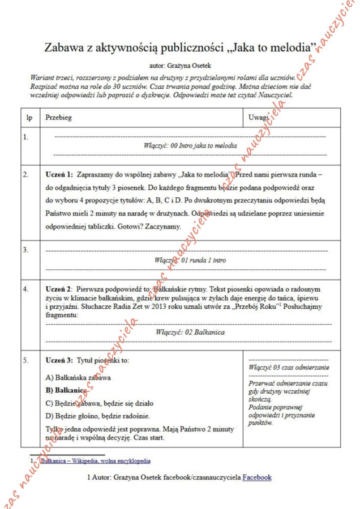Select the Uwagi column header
tap(258, 118)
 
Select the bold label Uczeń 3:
tap(59, 360)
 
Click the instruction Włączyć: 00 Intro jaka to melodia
tap(190, 145)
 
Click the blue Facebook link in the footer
tap(256, 477)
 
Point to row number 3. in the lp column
tap(25, 249)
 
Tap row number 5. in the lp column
tap(25, 360)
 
